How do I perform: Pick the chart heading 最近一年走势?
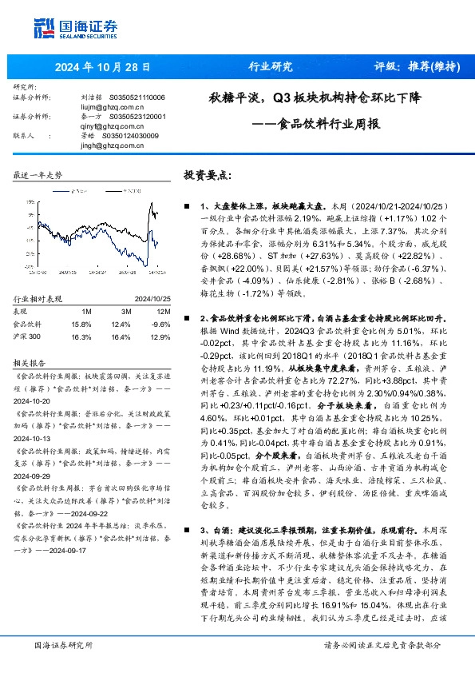point(38,174)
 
